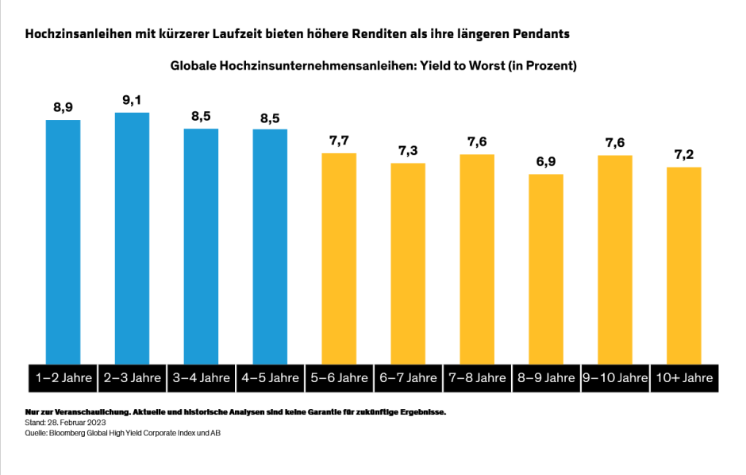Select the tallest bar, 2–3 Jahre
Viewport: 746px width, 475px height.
pos(132,238)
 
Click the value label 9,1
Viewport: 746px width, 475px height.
pos(132,100)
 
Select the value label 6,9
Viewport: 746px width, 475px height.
pos(546,162)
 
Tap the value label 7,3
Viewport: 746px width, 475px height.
pos(408,151)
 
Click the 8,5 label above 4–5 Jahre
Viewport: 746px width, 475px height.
pos(270,118)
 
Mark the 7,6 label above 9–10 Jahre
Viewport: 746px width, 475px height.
pos(615,143)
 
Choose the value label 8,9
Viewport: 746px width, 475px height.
pos(63,107)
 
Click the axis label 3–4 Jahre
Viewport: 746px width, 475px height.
pos(201,378)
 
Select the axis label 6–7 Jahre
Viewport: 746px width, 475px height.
pos(408,378)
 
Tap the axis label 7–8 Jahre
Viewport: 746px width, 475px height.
pos(477,378)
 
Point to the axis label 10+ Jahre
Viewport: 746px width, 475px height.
pos(683,378)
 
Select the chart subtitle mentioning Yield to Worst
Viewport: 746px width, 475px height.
pos(373,66)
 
